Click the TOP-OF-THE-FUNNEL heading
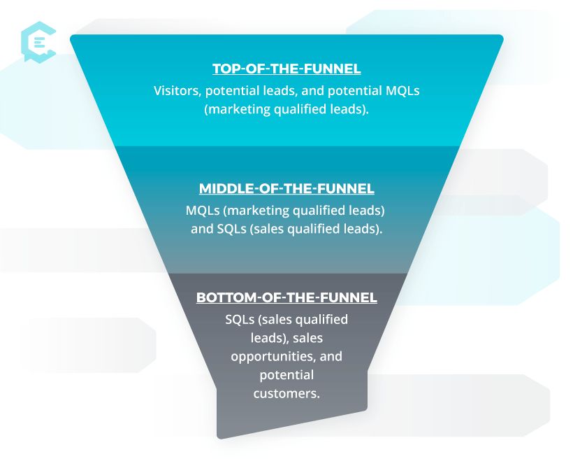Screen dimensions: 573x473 286,69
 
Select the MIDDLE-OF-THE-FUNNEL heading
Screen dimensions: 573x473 286,189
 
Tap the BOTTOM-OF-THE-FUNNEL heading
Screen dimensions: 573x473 286,297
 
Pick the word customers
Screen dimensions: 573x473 286,393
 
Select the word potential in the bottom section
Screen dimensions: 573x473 286,375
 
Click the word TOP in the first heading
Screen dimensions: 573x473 226,69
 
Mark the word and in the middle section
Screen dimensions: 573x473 202,229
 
